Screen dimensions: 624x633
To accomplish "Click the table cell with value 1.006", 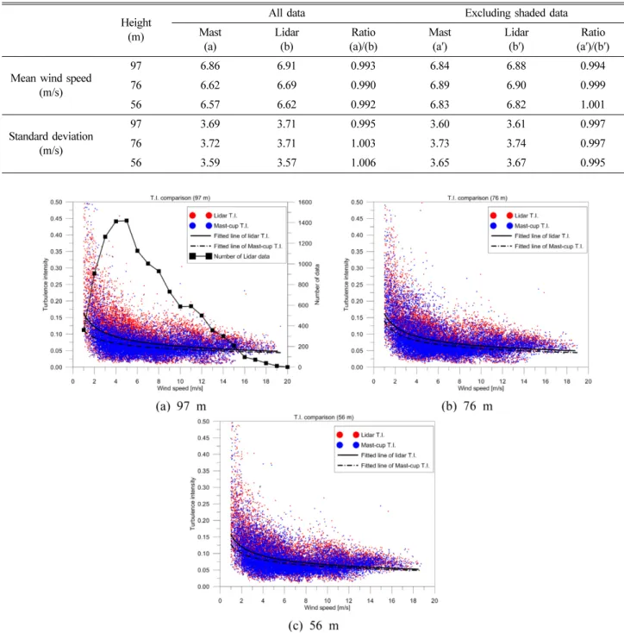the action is (363, 163).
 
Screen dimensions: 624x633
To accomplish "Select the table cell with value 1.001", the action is (592, 104).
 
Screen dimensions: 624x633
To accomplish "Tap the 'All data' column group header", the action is (287, 13).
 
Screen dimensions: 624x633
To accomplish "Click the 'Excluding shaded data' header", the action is (516, 13).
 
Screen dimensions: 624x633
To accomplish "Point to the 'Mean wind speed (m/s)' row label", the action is (51, 85).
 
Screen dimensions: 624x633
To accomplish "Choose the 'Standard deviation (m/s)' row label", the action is (51, 143).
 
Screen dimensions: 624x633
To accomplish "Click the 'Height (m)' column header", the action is (136, 30).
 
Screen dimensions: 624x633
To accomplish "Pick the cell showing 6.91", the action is (286, 66).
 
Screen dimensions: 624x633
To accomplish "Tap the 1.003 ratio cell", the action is (363, 143).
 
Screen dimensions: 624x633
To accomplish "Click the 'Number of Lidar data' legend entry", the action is (229, 256).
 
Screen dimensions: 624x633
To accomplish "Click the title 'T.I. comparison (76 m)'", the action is (477, 197).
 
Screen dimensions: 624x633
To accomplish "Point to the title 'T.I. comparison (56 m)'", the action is (324, 417).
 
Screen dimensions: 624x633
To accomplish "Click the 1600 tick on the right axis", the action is (305, 203).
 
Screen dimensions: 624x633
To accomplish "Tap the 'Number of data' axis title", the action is (317, 285).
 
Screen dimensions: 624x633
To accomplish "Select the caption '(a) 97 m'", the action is (181, 406).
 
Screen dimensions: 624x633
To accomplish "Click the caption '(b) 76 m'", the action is (467, 406).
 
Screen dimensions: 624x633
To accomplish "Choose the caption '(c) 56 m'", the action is (314, 626).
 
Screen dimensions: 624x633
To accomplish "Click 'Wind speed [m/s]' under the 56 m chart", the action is (328, 608).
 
